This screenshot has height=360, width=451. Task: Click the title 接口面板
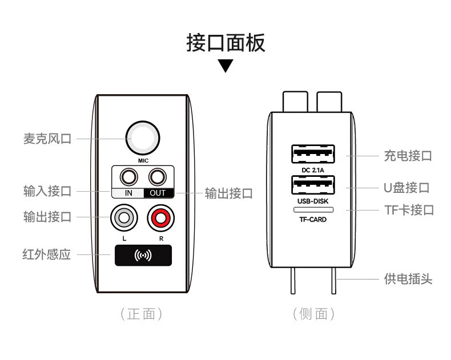(226, 43)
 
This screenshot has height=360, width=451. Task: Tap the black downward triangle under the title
(226, 66)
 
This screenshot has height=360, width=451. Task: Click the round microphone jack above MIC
(143, 137)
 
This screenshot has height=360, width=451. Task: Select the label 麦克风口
(47, 139)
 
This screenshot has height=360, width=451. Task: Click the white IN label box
(128, 193)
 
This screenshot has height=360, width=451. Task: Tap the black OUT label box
(158, 193)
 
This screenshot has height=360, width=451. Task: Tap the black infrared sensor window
(143, 256)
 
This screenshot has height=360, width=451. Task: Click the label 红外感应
(47, 254)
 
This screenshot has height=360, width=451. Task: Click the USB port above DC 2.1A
(313, 154)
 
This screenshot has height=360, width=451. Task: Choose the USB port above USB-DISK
(313, 185)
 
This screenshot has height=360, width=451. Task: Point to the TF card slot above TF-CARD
(313, 210)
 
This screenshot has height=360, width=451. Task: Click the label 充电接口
(407, 156)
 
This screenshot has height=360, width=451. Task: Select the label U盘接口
(406, 188)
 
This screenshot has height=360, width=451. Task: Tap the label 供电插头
(408, 279)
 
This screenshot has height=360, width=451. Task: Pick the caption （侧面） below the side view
(313, 314)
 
